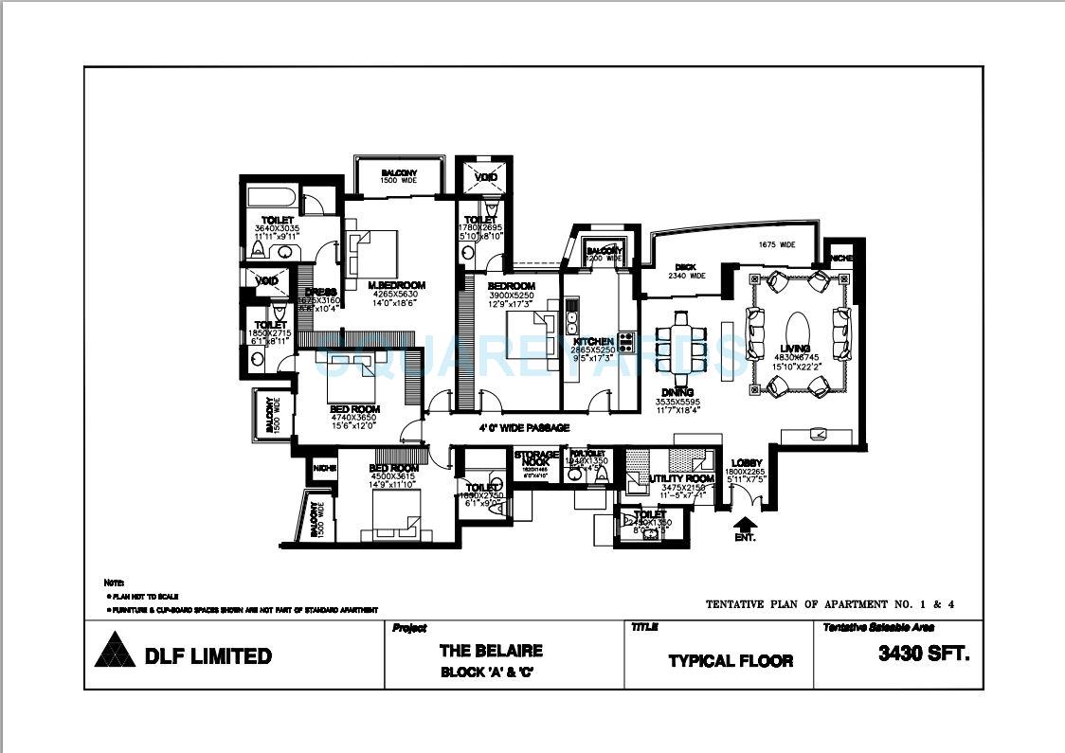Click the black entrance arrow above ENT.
[746, 524]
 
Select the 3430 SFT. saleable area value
[923, 654]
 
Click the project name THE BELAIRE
[491, 652]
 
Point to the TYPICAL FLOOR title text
[731, 660]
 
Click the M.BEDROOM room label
[396, 285]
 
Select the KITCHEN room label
[594, 341]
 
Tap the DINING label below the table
[677, 392]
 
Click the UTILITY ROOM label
[682, 479]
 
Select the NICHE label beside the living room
[840, 258]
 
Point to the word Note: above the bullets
[113, 582]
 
